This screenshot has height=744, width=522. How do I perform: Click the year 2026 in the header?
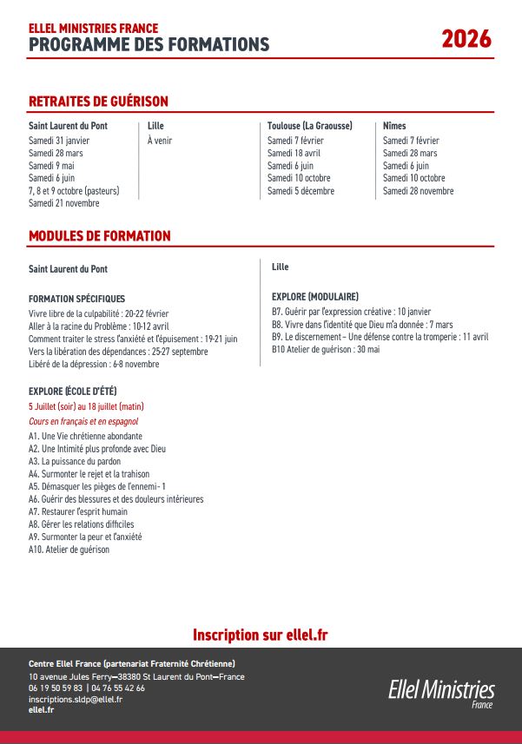tap(466, 39)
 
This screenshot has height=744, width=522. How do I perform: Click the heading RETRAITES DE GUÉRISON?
tap(98, 102)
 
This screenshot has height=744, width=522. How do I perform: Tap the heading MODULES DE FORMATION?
tap(99, 236)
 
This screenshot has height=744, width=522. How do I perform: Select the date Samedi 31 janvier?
tap(59, 141)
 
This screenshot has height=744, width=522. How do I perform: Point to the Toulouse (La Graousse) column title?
tap(309, 126)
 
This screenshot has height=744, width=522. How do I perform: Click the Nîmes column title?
tap(394, 126)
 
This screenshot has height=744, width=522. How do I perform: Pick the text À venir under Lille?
tap(160, 141)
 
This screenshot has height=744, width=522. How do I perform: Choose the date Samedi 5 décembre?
tap(300, 191)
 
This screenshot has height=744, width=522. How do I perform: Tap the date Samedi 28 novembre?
tap(418, 191)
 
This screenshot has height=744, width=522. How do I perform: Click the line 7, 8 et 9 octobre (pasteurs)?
tap(74, 191)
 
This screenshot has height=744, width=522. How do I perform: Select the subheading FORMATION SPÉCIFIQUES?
tap(76, 299)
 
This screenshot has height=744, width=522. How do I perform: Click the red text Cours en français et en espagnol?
tap(83, 421)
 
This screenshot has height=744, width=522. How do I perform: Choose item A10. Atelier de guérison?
tap(69, 550)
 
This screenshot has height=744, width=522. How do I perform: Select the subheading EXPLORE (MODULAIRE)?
tap(314, 297)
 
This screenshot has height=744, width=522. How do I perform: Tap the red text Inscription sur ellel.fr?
tap(261, 635)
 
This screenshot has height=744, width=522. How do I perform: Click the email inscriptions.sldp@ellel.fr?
tap(75, 699)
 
